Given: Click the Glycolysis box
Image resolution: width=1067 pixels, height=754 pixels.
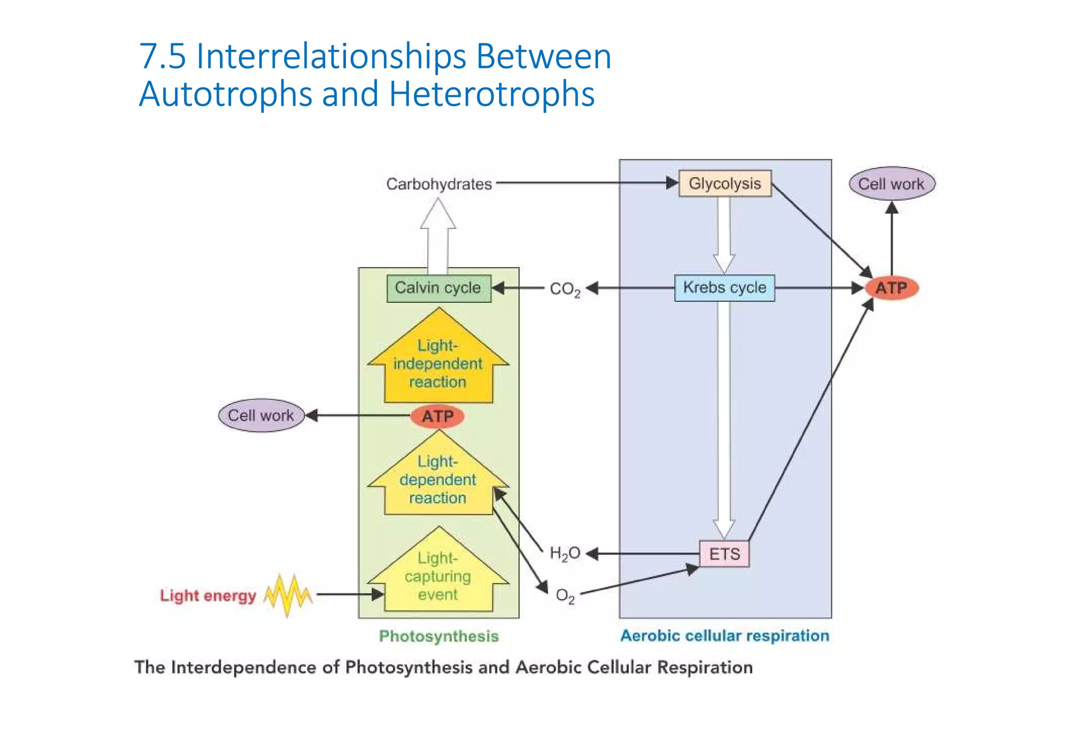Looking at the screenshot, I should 725,183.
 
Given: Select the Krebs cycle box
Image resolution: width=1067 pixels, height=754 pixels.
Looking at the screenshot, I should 724,288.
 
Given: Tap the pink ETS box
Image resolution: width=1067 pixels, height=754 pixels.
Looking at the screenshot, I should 724,554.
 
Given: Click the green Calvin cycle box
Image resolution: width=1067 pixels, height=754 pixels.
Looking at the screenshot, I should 439,288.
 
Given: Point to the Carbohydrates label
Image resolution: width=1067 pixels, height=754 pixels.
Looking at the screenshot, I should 439,184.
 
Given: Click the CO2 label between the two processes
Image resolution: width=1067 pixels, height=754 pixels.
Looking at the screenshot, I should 565,289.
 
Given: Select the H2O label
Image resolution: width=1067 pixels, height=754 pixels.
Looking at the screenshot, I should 565,553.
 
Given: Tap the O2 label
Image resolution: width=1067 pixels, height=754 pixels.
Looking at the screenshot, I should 565,595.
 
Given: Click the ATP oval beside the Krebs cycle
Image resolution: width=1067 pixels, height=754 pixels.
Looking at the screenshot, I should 891,288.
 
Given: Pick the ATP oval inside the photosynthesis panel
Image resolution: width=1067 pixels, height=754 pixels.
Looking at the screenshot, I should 438,416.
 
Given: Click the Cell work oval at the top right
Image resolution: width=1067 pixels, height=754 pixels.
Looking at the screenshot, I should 891,183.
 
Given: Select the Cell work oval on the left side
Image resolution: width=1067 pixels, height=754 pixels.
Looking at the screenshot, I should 261,415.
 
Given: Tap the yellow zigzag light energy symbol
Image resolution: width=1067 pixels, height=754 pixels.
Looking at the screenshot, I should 288,595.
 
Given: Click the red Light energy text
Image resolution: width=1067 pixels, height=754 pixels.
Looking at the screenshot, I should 208,596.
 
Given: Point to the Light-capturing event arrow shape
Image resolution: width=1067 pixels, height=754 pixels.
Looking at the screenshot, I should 438,576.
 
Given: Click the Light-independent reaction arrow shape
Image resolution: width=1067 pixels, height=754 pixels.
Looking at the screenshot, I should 438,363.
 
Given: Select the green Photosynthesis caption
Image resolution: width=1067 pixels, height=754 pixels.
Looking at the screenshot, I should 439,636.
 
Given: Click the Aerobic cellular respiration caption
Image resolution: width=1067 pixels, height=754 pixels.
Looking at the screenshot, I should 725,636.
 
